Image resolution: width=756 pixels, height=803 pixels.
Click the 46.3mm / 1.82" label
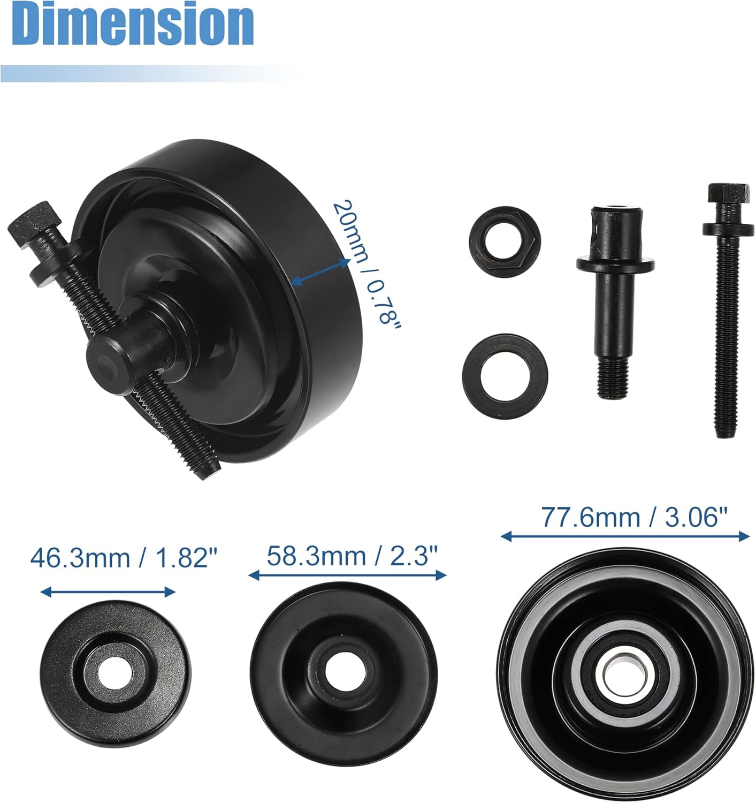tap(124, 558)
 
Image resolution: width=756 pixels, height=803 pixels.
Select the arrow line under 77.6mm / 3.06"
tap(625, 535)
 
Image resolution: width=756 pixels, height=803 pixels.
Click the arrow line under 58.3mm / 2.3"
tap(348, 575)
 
